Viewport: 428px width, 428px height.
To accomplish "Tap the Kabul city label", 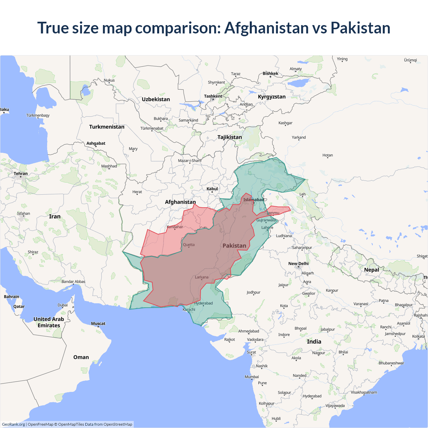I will tap(212, 189).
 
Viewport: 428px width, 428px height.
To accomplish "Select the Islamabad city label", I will tap(253, 200).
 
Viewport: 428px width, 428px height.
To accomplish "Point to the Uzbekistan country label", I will tap(156, 99).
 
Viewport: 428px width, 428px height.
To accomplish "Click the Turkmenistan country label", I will tap(107, 127).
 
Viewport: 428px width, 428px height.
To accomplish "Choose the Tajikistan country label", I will tap(229, 137).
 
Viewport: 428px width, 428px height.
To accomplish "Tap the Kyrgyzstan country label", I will tap(272, 97).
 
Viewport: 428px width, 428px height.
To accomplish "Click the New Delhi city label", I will tap(298, 263).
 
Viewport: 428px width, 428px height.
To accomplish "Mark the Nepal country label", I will tap(371, 270).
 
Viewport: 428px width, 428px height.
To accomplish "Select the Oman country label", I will tap(81, 357).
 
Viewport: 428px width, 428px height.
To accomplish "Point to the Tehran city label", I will tap(21, 174).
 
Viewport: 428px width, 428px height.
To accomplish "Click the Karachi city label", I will tap(189, 310).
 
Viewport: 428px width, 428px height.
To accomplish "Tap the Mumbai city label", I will tap(252, 377).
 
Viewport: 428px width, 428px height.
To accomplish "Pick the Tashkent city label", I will tap(213, 96).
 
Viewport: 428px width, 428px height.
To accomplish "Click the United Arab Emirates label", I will tap(49, 322).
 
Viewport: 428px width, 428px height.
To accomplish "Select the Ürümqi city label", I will tap(410, 60).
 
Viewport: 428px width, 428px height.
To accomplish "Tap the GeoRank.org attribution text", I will tap(13, 424).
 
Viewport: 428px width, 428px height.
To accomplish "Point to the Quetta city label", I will tap(189, 245).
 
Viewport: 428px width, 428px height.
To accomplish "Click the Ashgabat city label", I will tap(96, 143).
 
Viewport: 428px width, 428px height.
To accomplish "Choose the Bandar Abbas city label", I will tap(73, 282).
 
